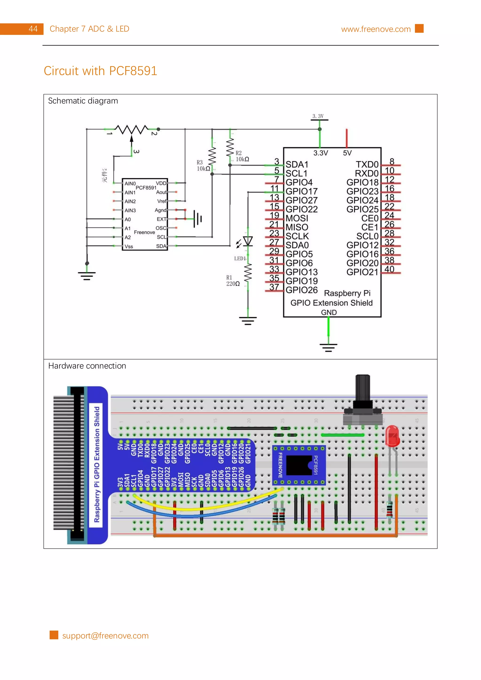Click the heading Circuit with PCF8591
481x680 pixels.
(x=100, y=71)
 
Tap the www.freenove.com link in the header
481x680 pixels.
(x=376, y=29)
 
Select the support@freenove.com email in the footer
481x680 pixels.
(x=105, y=636)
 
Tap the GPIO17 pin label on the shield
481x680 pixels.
(x=301, y=191)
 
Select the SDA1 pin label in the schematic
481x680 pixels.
(x=297, y=164)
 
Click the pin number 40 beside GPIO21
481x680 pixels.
(x=389, y=269)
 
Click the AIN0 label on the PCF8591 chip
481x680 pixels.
(x=130, y=184)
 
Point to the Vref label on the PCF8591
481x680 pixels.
(x=162, y=201)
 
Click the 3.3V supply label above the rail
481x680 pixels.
(x=318, y=116)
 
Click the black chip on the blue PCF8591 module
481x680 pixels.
(x=299, y=465)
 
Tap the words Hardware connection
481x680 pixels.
(x=87, y=366)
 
